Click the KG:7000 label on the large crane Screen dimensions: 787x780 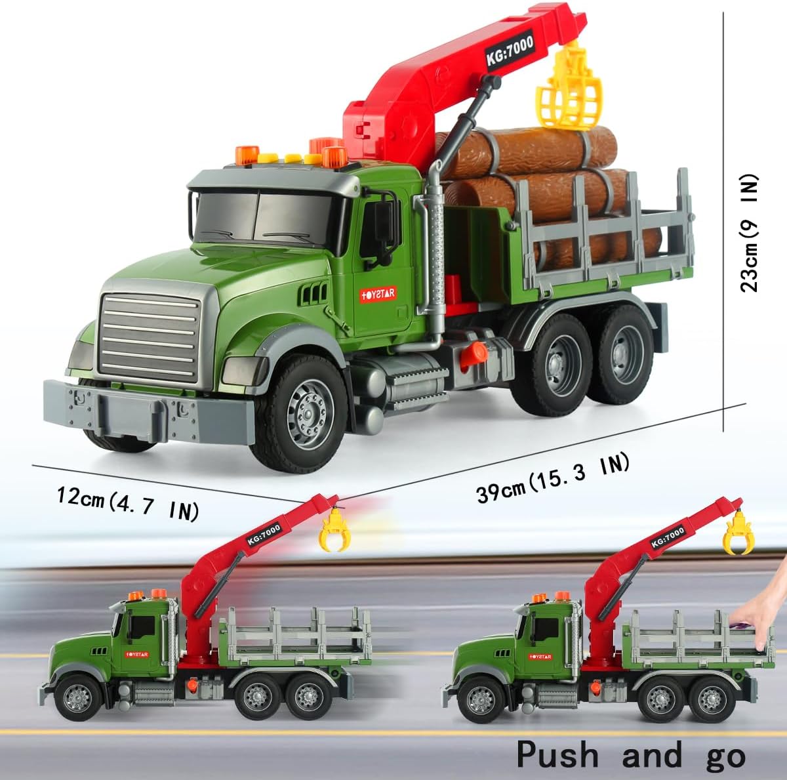click(x=510, y=51)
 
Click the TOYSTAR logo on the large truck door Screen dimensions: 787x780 click(x=378, y=294)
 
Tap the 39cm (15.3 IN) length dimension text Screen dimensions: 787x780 click(x=553, y=480)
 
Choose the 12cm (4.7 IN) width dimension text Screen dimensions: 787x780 click(x=127, y=503)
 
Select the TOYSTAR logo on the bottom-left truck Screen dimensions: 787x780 click(x=137, y=654)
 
